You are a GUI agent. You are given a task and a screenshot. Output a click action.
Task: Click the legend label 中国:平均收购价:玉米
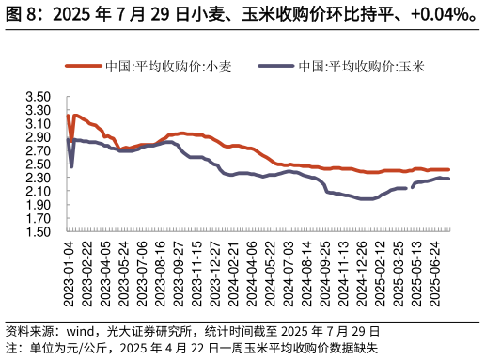361,67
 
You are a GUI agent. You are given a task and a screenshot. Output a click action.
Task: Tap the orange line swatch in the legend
83,67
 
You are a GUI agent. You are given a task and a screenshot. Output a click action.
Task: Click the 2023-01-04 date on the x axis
69,270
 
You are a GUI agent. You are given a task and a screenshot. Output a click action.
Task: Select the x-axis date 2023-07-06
142,270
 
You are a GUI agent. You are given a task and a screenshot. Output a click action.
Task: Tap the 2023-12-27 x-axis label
215,270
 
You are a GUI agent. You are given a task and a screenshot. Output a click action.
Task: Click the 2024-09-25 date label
325,270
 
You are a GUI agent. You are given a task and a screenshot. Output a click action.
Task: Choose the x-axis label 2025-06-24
435,270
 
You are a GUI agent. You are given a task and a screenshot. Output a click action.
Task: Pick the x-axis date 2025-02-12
381,270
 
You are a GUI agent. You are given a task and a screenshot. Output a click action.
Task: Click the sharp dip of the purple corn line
71,166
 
